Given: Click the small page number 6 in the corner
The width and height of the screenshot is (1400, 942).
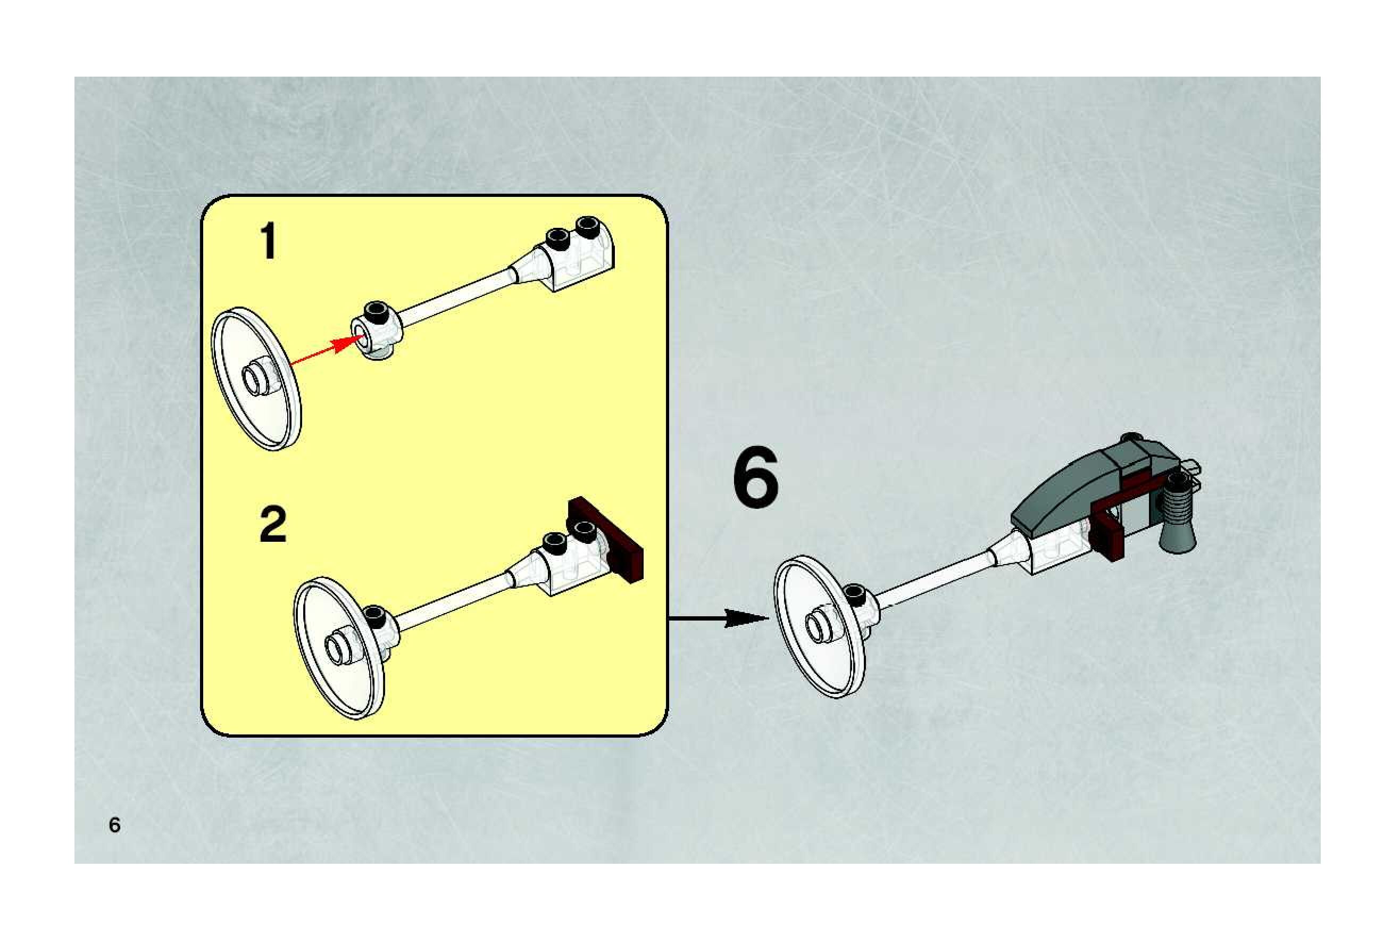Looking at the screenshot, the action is [114, 825].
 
